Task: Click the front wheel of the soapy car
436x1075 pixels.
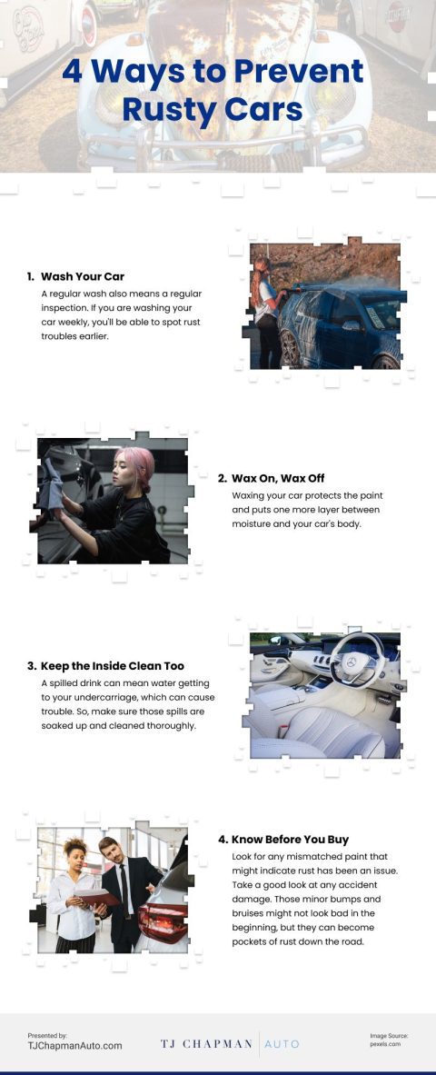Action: coord(291,348)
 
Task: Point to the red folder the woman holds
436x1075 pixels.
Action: coord(96,896)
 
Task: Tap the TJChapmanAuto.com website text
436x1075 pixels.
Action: coord(74,1046)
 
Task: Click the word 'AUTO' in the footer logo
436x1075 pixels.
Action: coord(282,1044)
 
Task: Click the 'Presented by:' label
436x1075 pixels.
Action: coord(47,1035)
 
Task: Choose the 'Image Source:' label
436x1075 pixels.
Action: coord(390,1035)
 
